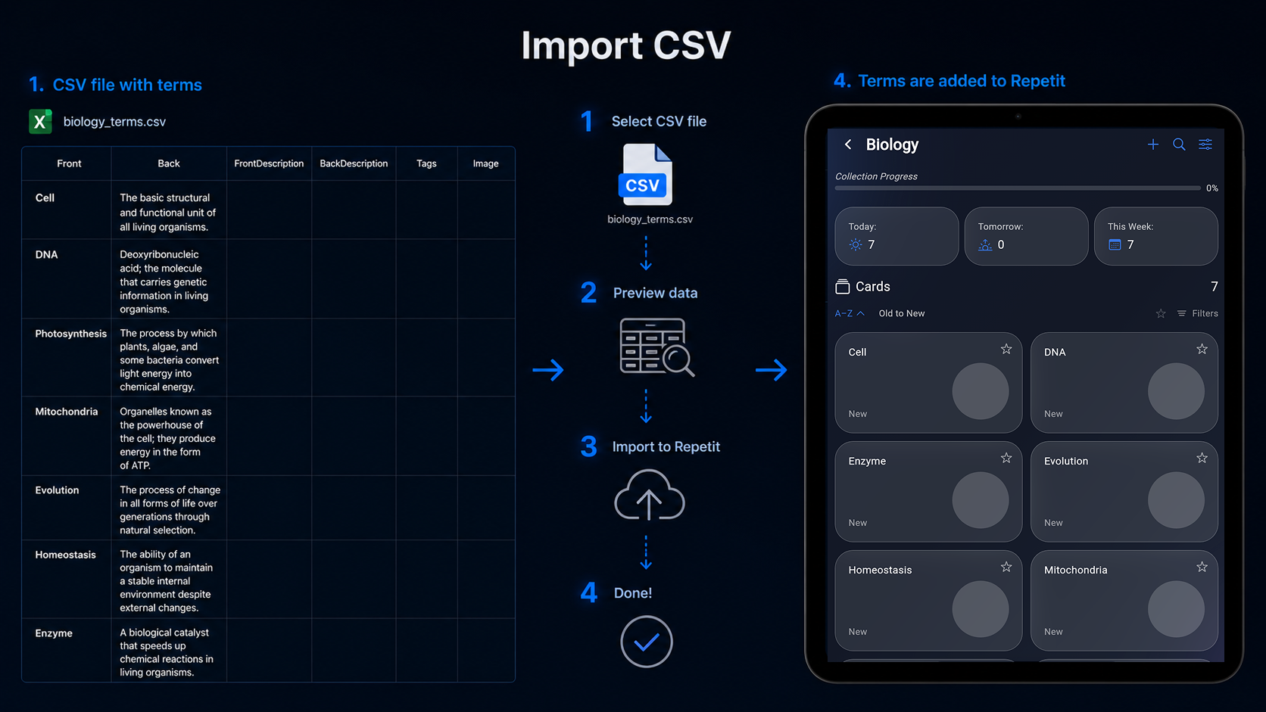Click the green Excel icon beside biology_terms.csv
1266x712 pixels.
point(40,121)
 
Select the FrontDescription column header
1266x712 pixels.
point(269,163)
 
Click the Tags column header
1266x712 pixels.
point(426,163)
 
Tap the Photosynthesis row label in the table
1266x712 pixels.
point(70,334)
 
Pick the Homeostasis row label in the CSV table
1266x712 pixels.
point(66,555)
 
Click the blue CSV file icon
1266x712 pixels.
point(645,175)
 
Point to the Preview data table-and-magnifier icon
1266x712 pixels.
point(656,347)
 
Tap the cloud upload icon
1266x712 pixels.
point(650,495)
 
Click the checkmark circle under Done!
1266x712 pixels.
point(647,642)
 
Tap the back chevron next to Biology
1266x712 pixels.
point(848,145)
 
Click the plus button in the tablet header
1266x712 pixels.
point(1153,145)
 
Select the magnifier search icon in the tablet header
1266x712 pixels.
point(1179,145)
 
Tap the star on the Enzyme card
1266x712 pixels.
point(1006,458)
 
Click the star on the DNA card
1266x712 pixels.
point(1202,349)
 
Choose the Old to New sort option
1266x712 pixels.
point(902,313)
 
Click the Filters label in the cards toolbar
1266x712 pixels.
point(1205,313)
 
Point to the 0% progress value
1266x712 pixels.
point(1211,188)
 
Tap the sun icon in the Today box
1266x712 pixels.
point(855,244)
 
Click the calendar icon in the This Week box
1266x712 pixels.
point(1115,244)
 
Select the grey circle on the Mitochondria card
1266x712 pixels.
point(1176,609)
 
